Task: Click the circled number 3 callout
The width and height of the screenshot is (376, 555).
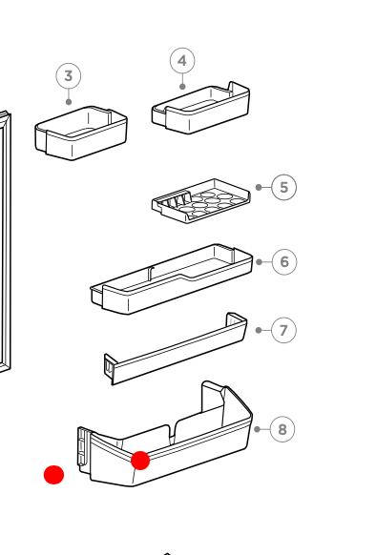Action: [x=68, y=76]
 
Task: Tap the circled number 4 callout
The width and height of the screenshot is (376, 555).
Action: [x=182, y=61]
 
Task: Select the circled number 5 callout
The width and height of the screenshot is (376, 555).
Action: [x=283, y=187]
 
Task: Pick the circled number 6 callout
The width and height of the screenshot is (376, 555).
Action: [x=283, y=261]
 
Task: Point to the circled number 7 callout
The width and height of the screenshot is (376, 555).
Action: [x=283, y=330]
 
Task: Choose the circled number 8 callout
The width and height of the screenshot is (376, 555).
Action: [x=282, y=429]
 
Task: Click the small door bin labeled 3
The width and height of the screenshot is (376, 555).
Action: [x=81, y=134]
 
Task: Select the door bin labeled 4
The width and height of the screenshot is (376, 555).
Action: [x=200, y=107]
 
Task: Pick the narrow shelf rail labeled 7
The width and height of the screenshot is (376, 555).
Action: [x=177, y=348]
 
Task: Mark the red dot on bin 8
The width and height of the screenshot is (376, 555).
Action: [x=140, y=461]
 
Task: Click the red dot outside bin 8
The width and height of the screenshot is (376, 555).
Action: [x=54, y=474]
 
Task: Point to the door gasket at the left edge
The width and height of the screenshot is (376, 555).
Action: [x=5, y=238]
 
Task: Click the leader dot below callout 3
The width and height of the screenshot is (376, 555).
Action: [x=68, y=102]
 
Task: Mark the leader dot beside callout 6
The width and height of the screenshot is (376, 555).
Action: [x=258, y=261]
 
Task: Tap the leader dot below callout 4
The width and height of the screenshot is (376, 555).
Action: [x=182, y=87]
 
